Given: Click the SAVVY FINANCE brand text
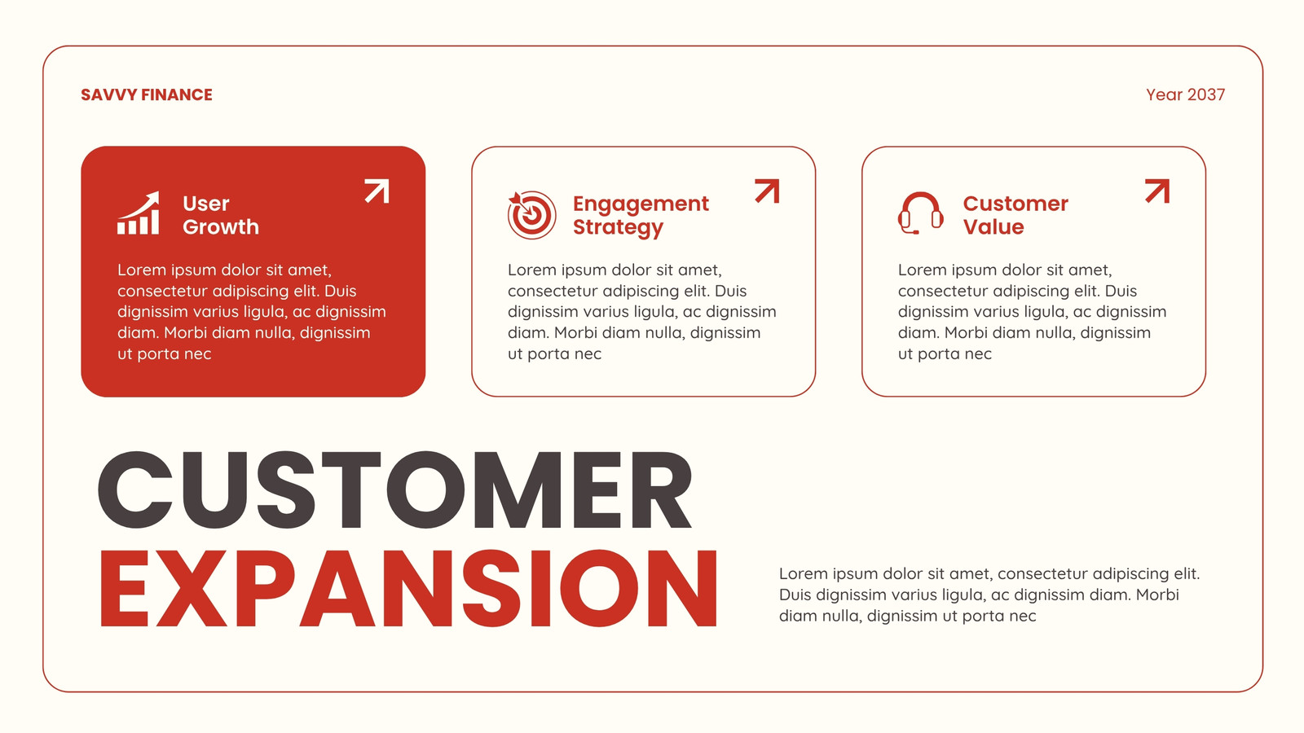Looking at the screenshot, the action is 147,94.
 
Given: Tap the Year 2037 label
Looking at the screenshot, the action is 1185,94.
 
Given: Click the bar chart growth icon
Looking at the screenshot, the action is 139,213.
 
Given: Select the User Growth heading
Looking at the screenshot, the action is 221,215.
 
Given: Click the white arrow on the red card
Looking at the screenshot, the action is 377,191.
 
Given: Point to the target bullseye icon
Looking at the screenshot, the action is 531,215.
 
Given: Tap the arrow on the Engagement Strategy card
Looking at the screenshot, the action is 767,191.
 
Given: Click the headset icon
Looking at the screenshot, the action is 920,213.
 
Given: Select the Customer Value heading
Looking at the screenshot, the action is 1015,215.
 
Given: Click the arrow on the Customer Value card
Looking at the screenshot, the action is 1157,191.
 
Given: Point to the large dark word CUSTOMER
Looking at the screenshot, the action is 394,489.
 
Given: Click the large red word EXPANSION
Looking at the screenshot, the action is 408,589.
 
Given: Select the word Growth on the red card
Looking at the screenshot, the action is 221,227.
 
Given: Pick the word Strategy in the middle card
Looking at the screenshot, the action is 618,228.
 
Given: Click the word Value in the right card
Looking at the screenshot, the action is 993,227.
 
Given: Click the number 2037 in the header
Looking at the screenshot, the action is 1205,94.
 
